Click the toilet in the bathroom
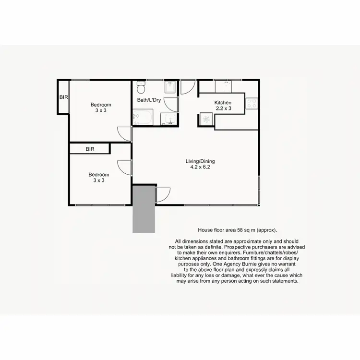(141, 88)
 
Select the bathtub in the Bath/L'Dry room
(143, 117)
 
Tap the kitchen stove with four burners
(252, 103)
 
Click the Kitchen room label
(223, 103)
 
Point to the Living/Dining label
(198, 161)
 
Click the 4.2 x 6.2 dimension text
(198, 168)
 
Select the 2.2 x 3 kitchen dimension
(223, 108)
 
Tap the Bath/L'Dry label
(149, 100)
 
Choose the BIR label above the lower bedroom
(90, 149)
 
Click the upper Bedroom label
(101, 105)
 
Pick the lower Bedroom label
(98, 175)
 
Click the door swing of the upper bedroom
(124, 133)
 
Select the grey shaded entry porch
(144, 210)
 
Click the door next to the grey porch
(162, 193)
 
